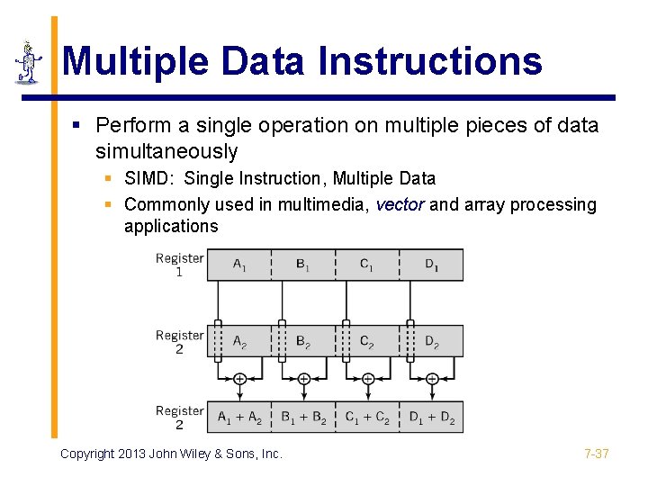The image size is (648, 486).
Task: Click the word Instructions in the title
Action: [x=429, y=61]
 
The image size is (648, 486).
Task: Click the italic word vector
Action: [x=400, y=205]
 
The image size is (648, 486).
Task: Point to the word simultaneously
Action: [x=166, y=151]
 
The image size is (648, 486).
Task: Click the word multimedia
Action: [x=322, y=205]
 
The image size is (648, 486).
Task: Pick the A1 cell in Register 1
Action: [x=239, y=265]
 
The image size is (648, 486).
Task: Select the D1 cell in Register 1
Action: [x=432, y=265]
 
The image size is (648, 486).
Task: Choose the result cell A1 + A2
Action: [x=239, y=418]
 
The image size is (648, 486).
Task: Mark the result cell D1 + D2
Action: [x=432, y=418]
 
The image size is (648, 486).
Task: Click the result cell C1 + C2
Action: [x=368, y=418]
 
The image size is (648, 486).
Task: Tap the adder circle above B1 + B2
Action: [x=304, y=379]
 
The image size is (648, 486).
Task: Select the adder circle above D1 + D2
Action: [x=432, y=379]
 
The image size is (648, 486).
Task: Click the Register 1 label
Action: [x=180, y=265]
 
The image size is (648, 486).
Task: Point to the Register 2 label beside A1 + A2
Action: [x=180, y=418]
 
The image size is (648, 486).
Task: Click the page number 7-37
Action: [x=596, y=454]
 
